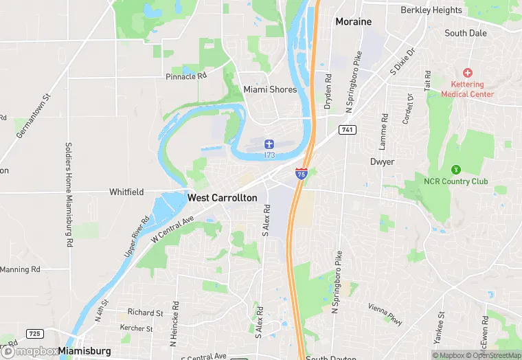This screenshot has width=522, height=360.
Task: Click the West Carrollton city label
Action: [222, 198]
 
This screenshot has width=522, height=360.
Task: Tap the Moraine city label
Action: [353, 22]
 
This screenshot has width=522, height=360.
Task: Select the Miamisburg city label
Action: [84, 351]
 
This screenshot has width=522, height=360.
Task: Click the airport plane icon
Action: [269, 144]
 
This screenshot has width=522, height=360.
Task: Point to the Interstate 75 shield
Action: [302, 174]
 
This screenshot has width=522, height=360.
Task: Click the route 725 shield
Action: [35, 334]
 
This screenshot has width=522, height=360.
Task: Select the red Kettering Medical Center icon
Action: [468, 73]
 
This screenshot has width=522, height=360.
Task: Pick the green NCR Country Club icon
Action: [455, 169]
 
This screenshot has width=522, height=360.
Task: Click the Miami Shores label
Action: [270, 89]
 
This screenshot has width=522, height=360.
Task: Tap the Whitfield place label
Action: [126, 192]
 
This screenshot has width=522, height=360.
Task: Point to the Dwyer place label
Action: [382, 162]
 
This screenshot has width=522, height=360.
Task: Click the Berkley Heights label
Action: [431, 10]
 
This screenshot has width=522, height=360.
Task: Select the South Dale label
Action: [465, 33]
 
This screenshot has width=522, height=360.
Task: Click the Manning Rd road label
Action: [20, 269]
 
